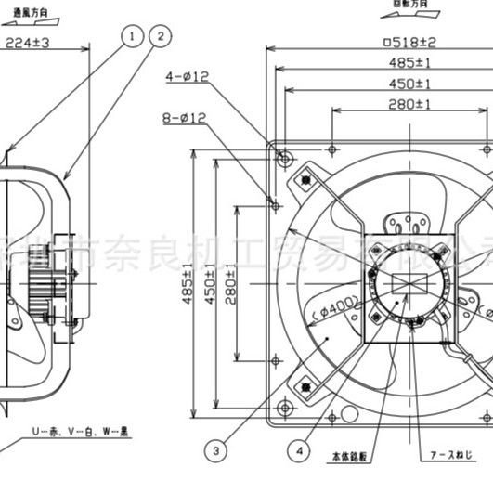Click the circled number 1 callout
click(x=133, y=36)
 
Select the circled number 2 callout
click(x=161, y=36)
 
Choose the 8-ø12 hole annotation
click(x=186, y=118)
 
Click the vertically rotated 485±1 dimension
click(x=188, y=283)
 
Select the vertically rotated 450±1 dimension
click(x=211, y=283)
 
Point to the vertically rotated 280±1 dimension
click(x=232, y=283)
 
